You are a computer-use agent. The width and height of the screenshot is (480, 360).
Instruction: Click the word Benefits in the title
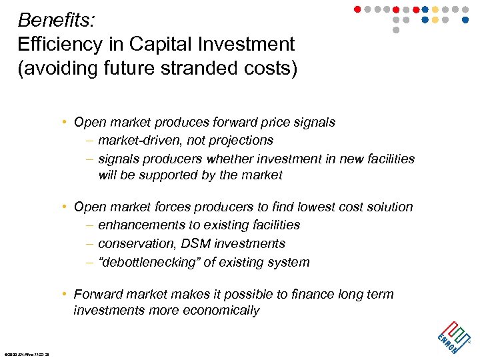(55, 20)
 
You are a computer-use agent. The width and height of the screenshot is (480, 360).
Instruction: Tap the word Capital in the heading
(167, 45)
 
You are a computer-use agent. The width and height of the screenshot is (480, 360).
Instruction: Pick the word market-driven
(138, 141)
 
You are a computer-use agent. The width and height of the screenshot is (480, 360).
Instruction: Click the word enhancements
(138, 225)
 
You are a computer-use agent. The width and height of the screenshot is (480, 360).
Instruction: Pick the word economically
(225, 311)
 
